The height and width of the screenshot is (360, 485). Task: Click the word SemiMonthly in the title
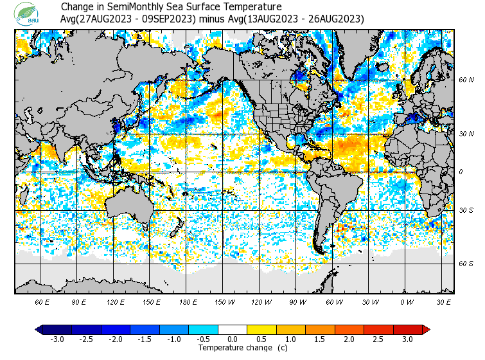point(136,7)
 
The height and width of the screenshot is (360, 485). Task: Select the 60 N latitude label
point(466,80)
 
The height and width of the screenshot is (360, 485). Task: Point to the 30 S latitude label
point(466,210)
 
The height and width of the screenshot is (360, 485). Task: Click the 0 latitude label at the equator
point(460,172)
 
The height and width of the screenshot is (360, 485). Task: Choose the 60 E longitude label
point(42,301)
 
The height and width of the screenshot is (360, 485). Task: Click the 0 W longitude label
point(406,301)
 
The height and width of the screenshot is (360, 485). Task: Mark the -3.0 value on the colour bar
point(57,339)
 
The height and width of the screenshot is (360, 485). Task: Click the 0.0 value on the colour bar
point(232,339)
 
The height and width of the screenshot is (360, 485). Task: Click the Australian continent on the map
point(128,205)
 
